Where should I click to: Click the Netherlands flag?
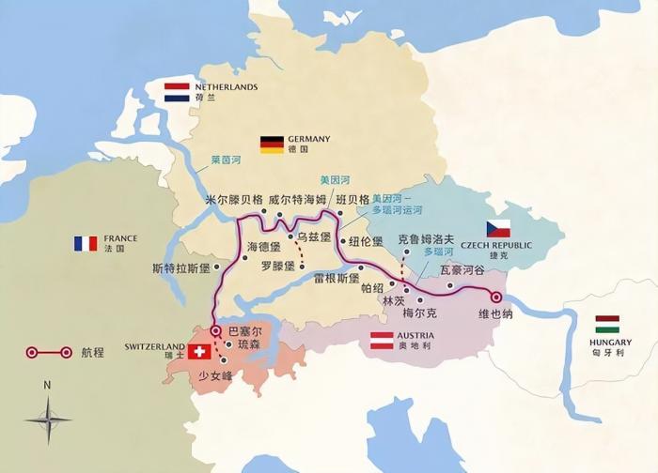(x=177, y=92)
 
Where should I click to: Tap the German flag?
(x=272, y=144)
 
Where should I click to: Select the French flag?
(x=86, y=243)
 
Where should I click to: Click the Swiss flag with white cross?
(x=198, y=352)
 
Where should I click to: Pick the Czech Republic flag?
(x=498, y=229)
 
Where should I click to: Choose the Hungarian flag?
(x=607, y=324)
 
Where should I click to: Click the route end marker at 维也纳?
(x=497, y=298)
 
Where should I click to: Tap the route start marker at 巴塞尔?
(x=215, y=330)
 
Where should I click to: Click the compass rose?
(x=48, y=419)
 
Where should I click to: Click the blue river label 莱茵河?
(x=226, y=160)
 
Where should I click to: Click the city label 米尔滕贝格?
(x=233, y=200)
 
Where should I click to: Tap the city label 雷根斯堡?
(x=337, y=278)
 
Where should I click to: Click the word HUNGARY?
(x=610, y=343)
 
